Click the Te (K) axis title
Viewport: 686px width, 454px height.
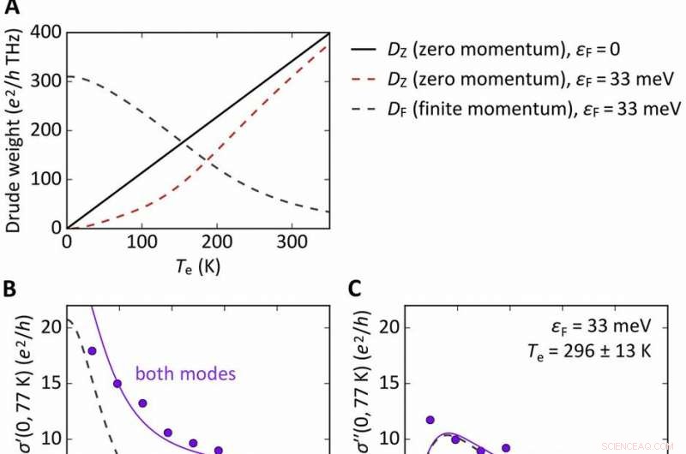(196, 266)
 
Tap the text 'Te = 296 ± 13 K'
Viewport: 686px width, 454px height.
(598, 352)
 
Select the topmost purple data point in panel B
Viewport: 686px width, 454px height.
(92, 350)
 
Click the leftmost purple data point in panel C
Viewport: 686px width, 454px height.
(430, 420)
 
